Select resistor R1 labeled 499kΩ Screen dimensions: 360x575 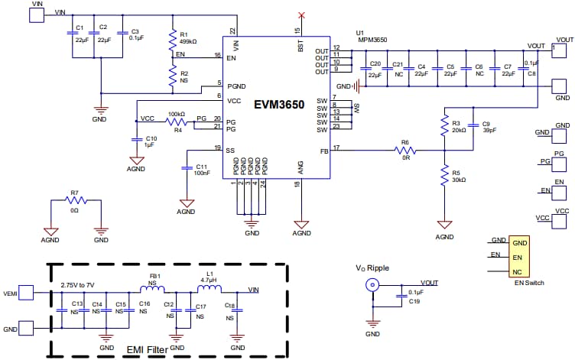(x=173, y=41)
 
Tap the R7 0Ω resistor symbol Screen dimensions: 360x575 (x=74, y=201)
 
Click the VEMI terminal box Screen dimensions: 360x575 (x=26, y=292)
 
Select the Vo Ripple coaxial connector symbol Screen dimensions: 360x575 (x=372, y=286)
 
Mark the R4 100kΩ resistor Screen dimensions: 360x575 (x=177, y=121)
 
